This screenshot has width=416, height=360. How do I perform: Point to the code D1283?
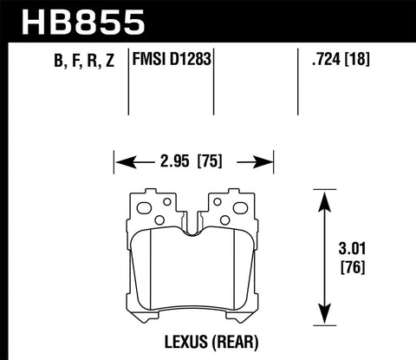click(x=193, y=61)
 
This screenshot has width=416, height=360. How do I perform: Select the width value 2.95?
click(x=172, y=160)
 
